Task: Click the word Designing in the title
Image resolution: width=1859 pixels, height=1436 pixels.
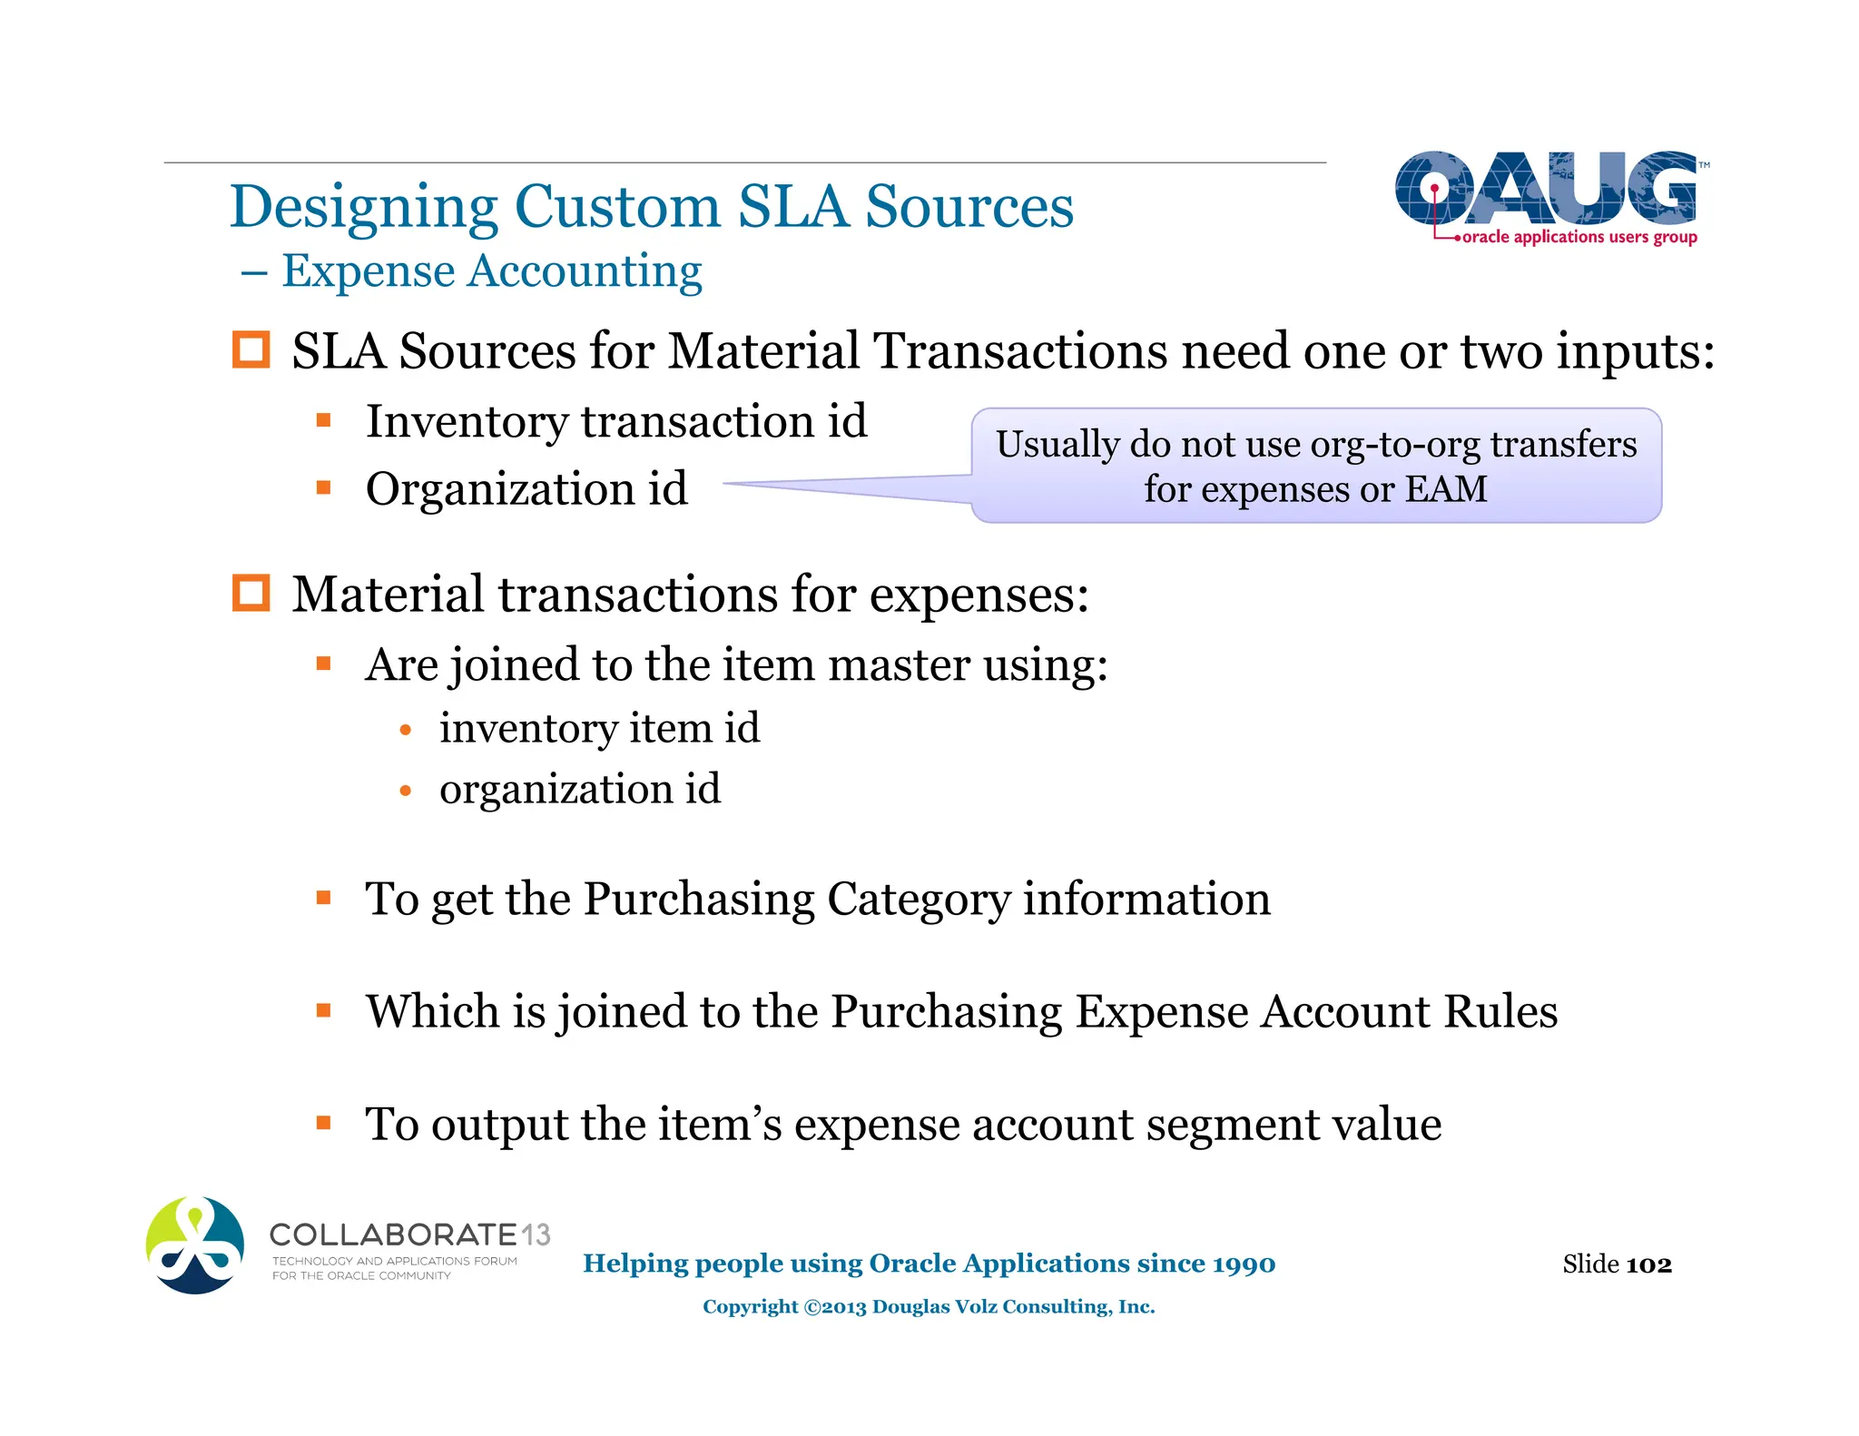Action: click(x=363, y=207)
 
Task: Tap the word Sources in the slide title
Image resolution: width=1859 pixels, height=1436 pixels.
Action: click(x=969, y=207)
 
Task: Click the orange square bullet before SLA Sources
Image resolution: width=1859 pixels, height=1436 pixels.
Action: click(x=251, y=350)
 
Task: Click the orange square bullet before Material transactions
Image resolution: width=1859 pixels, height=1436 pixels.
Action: click(x=251, y=594)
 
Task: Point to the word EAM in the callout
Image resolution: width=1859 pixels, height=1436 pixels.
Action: click(x=1446, y=489)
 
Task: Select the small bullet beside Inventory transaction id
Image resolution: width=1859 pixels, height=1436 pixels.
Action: click(x=324, y=420)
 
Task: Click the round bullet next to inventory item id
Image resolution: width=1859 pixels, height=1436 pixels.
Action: click(x=406, y=730)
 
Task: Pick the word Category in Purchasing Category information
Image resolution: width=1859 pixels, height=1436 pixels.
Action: click(x=918, y=900)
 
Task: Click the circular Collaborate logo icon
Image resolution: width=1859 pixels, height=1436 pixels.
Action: click(x=195, y=1244)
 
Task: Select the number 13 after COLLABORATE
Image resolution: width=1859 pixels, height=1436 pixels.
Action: click(x=536, y=1234)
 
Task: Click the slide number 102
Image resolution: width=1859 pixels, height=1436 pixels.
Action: click(x=1649, y=1264)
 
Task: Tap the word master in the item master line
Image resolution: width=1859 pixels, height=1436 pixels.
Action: click(x=899, y=665)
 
